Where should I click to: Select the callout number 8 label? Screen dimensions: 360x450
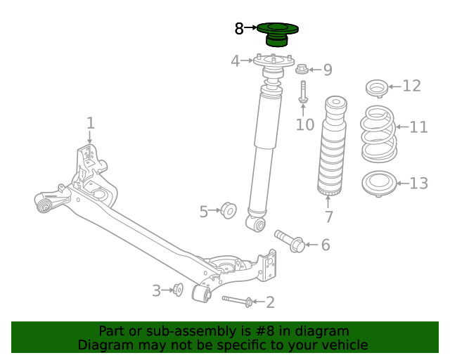[239, 29]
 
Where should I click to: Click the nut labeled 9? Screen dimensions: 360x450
[302, 69]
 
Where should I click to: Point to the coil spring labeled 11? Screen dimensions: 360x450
[378, 134]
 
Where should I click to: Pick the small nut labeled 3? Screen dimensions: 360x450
[178, 289]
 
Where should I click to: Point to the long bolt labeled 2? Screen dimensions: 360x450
[238, 301]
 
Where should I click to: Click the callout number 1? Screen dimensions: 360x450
[90, 124]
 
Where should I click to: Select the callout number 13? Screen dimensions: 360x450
[418, 184]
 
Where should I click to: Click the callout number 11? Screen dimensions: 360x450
[418, 127]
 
